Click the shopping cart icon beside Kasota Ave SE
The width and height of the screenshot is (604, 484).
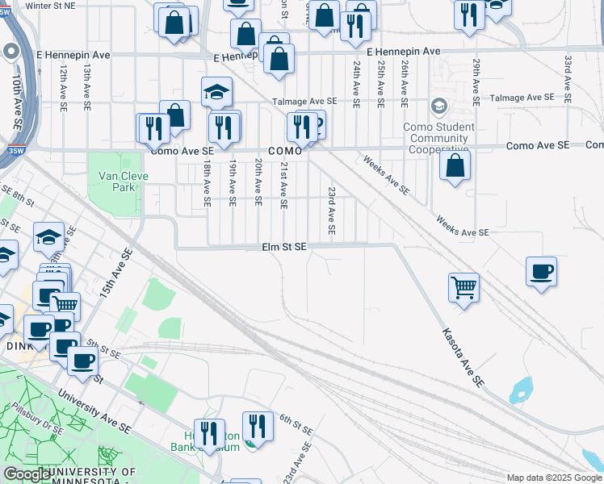[463, 286]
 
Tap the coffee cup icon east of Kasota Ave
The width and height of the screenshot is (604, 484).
[541, 271]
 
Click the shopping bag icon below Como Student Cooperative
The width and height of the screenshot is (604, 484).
[455, 165]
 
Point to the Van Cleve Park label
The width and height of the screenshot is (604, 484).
[116, 181]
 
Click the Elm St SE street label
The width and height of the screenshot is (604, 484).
[283, 247]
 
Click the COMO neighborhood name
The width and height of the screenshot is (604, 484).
[284, 151]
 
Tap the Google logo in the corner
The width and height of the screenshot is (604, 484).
[27, 474]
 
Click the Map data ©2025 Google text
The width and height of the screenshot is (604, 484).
[554, 478]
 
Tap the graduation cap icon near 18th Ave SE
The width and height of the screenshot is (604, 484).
[216, 93]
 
